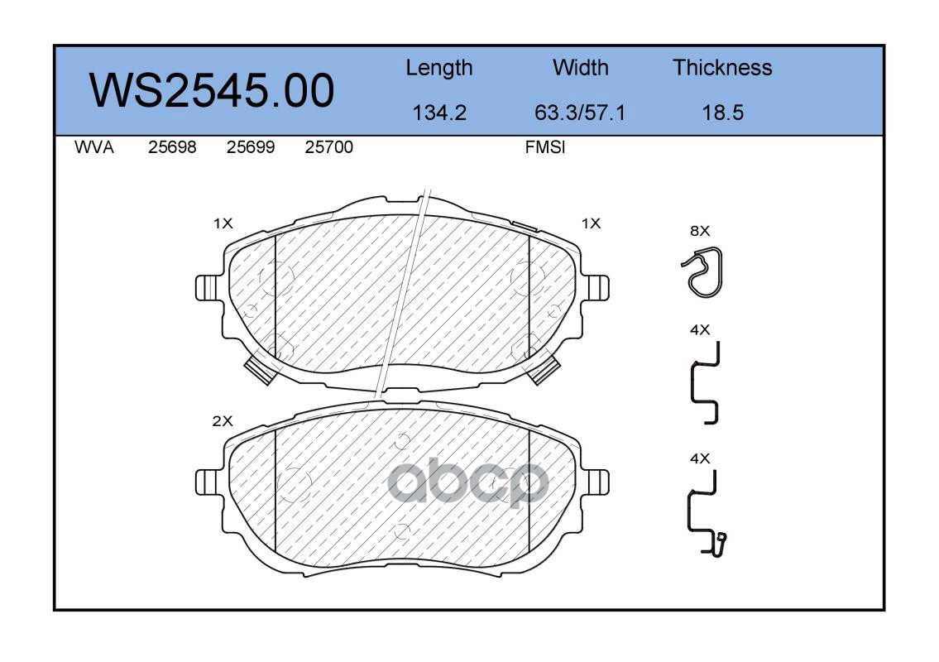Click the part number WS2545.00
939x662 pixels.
(212, 90)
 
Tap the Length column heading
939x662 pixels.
(439, 69)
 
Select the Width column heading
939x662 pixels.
(580, 67)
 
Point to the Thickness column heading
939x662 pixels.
(722, 67)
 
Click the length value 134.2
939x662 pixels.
(439, 113)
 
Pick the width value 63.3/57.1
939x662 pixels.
(580, 113)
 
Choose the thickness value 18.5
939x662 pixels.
(722, 113)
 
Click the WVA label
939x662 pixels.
(94, 147)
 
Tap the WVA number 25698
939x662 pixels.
(172, 147)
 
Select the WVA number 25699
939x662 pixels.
(251, 147)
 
